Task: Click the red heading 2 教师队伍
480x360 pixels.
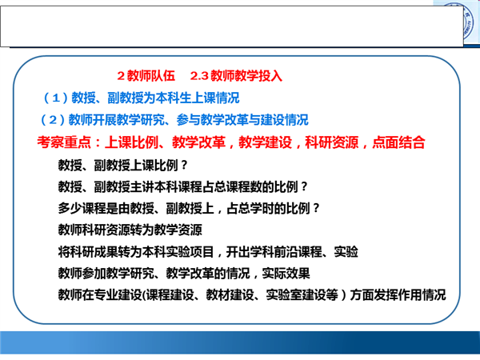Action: click(146, 76)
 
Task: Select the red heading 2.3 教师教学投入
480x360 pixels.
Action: click(236, 76)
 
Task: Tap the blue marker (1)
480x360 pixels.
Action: click(56, 98)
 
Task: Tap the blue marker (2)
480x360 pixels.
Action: click(53, 120)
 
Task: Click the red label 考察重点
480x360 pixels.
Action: click(64, 142)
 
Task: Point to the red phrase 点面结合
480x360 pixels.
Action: click(398, 142)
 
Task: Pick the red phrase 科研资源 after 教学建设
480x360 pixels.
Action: click(332, 142)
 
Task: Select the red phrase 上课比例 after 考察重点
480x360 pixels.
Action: click(131, 142)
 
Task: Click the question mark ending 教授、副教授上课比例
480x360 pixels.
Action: click(184, 166)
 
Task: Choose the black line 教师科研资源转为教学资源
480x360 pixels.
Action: click(130, 230)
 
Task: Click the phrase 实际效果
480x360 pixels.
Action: click(286, 274)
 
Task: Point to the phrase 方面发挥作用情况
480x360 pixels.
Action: click(398, 294)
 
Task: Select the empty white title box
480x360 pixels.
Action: click(232, 26)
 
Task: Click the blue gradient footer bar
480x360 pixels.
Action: click(240, 342)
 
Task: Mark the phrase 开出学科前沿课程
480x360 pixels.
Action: click(274, 252)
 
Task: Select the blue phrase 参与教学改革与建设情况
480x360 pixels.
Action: click(242, 120)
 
